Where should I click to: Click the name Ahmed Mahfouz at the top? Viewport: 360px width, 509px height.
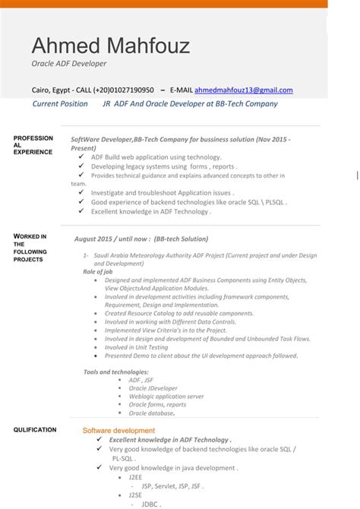[110, 46]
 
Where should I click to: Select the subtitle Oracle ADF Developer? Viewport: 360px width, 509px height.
[68, 64]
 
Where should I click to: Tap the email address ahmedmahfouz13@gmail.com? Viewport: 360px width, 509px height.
[243, 90]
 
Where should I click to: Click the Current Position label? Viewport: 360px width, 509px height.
[60, 104]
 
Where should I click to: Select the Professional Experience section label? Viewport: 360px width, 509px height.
[33, 144]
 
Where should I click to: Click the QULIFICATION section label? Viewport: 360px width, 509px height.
[35, 430]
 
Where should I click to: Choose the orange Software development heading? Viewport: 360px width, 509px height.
[118, 431]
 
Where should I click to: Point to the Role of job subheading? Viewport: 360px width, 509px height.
[99, 271]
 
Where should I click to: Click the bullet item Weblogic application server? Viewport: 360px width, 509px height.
[166, 396]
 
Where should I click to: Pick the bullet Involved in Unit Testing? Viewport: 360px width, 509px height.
[137, 347]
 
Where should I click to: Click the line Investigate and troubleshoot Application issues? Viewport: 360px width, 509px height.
[162, 193]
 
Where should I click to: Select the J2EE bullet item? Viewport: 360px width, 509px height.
[135, 477]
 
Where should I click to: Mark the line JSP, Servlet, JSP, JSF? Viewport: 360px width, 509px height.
[172, 486]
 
